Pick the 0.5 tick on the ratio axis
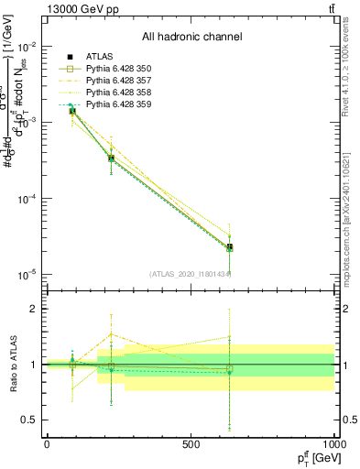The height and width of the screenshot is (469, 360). (31, 420)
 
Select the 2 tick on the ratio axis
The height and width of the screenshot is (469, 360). (35, 309)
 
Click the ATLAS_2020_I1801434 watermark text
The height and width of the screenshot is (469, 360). (191, 274)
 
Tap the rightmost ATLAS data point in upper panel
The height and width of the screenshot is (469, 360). (230, 247)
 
